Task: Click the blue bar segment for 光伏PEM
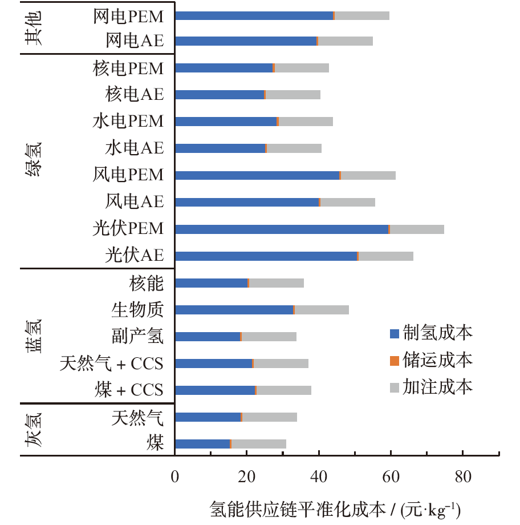point(282,229)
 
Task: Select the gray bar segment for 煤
point(259,443)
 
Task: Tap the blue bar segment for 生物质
point(234,309)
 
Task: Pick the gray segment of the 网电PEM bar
point(362,15)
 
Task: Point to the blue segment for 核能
point(211,282)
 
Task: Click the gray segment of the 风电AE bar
point(348,202)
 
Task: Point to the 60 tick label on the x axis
point(391,477)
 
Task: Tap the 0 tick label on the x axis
point(175,477)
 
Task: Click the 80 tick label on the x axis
point(462,477)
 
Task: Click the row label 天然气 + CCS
point(112,364)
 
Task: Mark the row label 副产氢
point(137,337)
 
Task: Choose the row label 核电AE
point(135,95)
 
